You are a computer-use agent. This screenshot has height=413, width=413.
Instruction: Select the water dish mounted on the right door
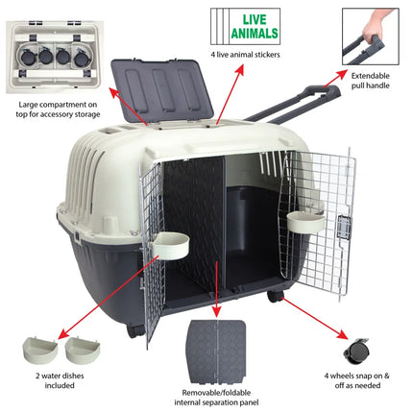(x=306, y=220)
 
